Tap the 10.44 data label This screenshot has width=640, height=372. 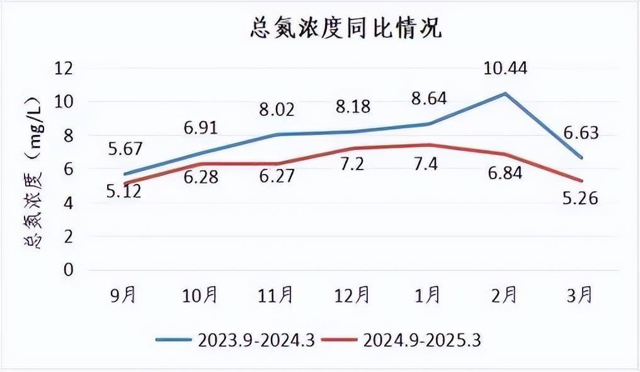505,67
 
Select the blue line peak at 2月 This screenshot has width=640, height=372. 505,93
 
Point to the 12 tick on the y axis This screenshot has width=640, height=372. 64,67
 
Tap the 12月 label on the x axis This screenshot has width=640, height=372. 351,294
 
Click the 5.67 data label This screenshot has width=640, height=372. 125,149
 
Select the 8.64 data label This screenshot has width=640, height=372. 428,98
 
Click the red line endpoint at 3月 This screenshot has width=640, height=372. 581,181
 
